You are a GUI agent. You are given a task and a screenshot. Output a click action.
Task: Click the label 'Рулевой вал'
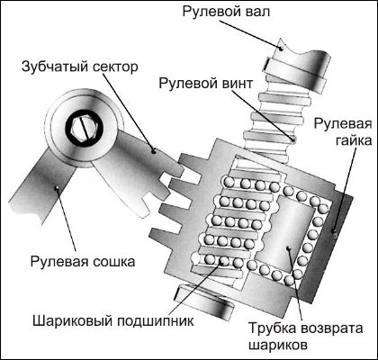(226, 12)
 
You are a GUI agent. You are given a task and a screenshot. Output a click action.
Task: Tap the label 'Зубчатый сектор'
(80, 67)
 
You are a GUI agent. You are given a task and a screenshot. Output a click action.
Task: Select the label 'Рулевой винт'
(206, 83)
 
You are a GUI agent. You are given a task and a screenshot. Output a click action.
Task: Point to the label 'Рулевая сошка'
(83, 261)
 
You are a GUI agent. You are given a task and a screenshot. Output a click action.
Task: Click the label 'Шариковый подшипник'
(113, 321)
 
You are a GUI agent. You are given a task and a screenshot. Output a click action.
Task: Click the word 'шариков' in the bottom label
(278, 345)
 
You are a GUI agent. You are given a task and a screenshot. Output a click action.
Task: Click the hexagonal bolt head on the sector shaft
(85, 129)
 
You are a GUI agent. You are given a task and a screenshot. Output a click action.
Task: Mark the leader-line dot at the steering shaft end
(281, 48)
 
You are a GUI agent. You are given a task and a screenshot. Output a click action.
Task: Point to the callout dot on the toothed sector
(154, 151)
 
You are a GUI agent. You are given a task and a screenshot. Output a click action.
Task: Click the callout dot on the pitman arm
(56, 188)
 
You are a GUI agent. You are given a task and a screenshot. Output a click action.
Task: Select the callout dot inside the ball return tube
(288, 248)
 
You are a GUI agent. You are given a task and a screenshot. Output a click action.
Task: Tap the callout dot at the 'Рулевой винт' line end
(293, 139)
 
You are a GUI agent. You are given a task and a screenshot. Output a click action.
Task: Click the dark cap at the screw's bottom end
(205, 300)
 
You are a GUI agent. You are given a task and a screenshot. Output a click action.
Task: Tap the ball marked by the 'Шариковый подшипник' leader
(223, 261)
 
